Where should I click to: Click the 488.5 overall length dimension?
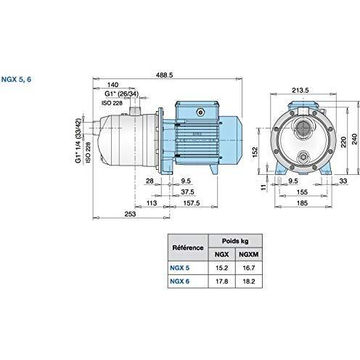(x=165, y=75)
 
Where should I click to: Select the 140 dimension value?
(x=113, y=85)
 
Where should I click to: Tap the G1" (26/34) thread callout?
(x=121, y=94)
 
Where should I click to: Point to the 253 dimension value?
(x=130, y=214)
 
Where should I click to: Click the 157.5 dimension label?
(x=192, y=203)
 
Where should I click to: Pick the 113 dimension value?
(x=152, y=203)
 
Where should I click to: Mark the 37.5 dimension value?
(x=187, y=192)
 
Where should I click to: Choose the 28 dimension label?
(x=150, y=181)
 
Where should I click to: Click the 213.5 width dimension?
(x=300, y=90)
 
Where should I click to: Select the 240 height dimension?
(x=354, y=139)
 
